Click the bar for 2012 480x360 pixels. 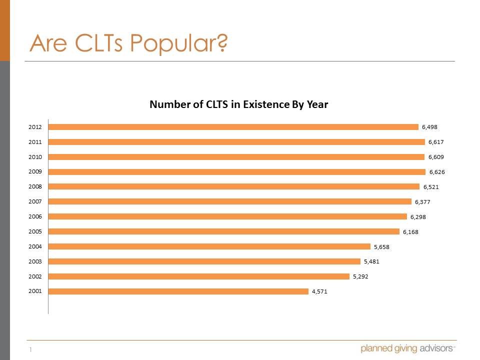(233, 127)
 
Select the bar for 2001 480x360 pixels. (178, 291)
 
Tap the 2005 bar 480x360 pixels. (223, 231)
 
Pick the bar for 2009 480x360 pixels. (236, 172)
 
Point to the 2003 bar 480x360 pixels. (204, 261)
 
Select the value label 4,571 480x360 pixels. (320, 291)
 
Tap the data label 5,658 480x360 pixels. (381, 246)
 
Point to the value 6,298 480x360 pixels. (418, 217)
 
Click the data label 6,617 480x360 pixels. (436, 142)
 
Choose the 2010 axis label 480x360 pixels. (35, 157)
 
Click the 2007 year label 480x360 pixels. (35, 202)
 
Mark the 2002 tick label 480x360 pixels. (35, 276)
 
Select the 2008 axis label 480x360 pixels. (35, 187)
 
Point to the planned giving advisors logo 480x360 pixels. (407, 348)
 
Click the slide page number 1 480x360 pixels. (30, 350)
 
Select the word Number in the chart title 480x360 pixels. (169, 104)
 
